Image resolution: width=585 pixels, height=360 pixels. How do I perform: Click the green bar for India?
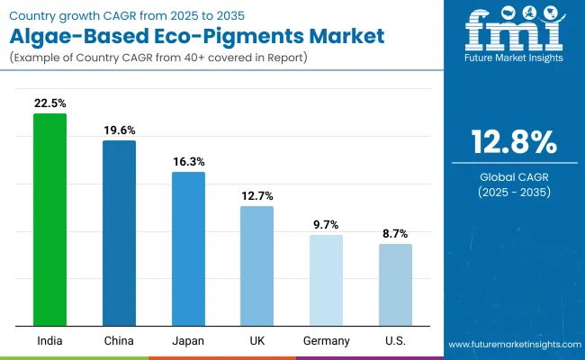point(50,220)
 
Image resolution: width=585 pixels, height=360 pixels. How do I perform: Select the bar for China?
point(119,233)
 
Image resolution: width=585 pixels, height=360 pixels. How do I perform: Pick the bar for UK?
point(256,265)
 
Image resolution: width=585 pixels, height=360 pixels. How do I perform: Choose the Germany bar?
point(326,280)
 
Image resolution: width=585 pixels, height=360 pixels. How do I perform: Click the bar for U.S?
point(395,284)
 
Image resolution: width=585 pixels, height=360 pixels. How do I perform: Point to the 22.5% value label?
point(50,103)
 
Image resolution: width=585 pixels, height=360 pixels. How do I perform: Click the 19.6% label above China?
point(119,130)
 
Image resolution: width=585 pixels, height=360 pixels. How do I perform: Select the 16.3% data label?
point(189,161)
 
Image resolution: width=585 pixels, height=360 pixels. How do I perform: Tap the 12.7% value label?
point(256,195)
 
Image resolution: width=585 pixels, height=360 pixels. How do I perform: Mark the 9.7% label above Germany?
point(326,224)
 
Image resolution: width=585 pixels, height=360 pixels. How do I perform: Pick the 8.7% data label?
point(395,233)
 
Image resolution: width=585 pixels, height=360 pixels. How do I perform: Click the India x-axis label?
point(50,341)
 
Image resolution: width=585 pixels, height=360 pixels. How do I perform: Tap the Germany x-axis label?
point(326,341)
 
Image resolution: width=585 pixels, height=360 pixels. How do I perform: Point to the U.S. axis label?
point(395,341)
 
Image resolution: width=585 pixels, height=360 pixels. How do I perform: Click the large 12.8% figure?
point(513,143)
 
